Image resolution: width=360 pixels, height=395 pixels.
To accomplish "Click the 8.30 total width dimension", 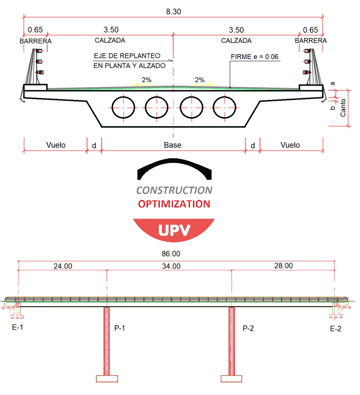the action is (x=173, y=11).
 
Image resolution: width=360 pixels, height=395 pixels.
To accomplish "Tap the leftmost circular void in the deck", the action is (x=112, y=108).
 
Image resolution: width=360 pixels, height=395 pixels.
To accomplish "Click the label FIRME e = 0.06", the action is (x=254, y=57).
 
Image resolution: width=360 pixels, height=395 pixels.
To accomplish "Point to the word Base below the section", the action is (x=172, y=145).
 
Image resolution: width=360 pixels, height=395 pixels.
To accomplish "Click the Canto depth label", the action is (x=343, y=108).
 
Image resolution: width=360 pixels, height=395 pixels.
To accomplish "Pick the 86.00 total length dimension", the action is (x=171, y=253).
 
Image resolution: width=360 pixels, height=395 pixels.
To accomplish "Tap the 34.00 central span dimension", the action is (x=171, y=266).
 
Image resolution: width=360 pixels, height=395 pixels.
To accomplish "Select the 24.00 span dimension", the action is (x=63, y=266).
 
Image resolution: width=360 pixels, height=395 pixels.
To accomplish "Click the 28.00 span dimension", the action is (x=283, y=266).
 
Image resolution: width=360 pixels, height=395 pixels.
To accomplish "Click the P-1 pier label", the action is (x=120, y=328).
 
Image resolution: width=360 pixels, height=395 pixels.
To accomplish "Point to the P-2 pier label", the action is (x=248, y=328).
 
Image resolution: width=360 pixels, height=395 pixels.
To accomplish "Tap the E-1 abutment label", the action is (x=17, y=327).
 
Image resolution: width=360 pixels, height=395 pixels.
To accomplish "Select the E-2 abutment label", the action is (x=336, y=329).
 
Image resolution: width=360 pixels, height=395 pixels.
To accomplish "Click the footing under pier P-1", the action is (x=107, y=379).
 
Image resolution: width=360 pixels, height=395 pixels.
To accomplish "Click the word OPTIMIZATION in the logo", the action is (x=174, y=204).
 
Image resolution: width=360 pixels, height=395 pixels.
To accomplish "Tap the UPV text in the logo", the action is (x=174, y=230).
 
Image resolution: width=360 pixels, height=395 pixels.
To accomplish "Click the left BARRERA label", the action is (x=35, y=41).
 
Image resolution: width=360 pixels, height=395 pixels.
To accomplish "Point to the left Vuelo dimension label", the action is (x=56, y=145).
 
